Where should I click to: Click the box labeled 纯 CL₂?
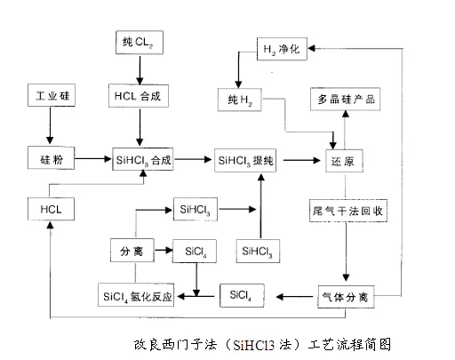(x=140, y=43)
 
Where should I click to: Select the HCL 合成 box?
(x=139, y=96)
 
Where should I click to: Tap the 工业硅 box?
(x=52, y=95)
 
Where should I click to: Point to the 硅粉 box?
(x=52, y=158)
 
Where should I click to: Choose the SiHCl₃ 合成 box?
(x=143, y=159)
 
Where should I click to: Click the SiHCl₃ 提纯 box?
(x=245, y=160)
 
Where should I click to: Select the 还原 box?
(x=344, y=161)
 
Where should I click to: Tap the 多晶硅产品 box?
(x=346, y=100)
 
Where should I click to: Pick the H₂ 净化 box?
(x=282, y=49)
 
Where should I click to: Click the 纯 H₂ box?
(x=240, y=100)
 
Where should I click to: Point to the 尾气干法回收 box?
(x=348, y=211)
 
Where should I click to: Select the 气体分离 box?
(x=346, y=297)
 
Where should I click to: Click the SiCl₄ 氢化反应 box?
(x=136, y=295)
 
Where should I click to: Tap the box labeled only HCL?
(x=51, y=209)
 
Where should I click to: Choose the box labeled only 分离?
(x=132, y=251)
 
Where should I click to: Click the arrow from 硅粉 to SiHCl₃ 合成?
(x=93, y=159)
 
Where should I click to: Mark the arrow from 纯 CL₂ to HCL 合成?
(x=140, y=70)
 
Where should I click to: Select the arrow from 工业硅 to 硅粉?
(x=50, y=125)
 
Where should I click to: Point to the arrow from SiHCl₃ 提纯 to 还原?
(x=302, y=160)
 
